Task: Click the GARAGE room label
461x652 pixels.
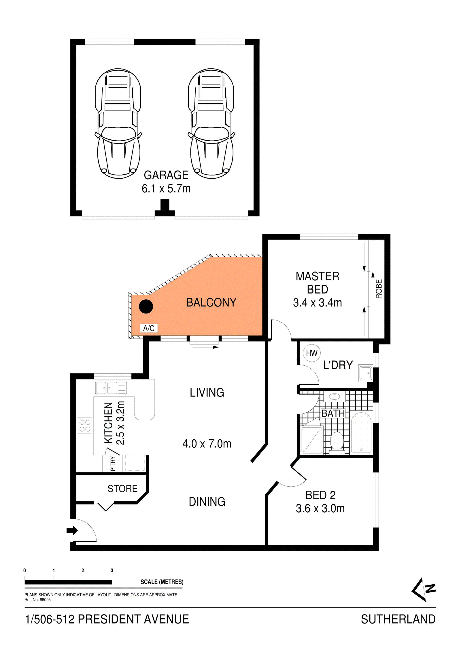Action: [x=166, y=175]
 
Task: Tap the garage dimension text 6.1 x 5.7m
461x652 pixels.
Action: [x=166, y=188]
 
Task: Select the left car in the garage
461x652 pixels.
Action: [x=118, y=123]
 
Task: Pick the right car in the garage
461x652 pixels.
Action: [x=211, y=123]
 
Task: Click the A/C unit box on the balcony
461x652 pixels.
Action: [x=149, y=328]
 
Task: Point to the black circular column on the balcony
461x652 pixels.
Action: [x=146, y=306]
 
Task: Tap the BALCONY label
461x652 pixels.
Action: [x=211, y=303]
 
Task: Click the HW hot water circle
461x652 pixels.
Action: [x=311, y=353]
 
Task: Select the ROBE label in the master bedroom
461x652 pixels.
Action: [x=379, y=289]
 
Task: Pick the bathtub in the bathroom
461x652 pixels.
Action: [x=361, y=433]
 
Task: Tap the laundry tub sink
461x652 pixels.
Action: [x=366, y=373]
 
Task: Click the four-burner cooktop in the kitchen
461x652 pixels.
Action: [x=85, y=426]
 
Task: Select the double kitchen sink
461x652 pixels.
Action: [x=111, y=388]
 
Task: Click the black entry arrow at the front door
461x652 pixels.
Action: [x=72, y=530]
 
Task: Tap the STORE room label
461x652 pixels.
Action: [x=122, y=489]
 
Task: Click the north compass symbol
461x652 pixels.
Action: [x=424, y=589]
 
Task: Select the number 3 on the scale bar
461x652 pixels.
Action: [x=112, y=570]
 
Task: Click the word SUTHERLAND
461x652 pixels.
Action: [x=398, y=619]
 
